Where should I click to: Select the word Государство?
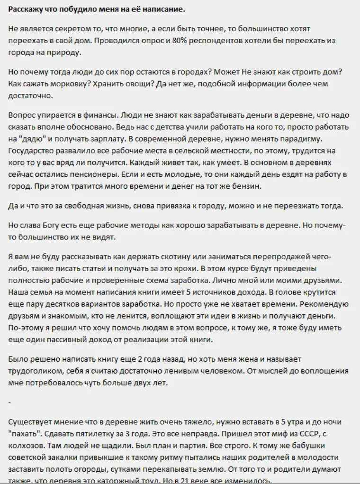(x=32, y=150)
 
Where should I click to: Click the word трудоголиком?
(x=35, y=370)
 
